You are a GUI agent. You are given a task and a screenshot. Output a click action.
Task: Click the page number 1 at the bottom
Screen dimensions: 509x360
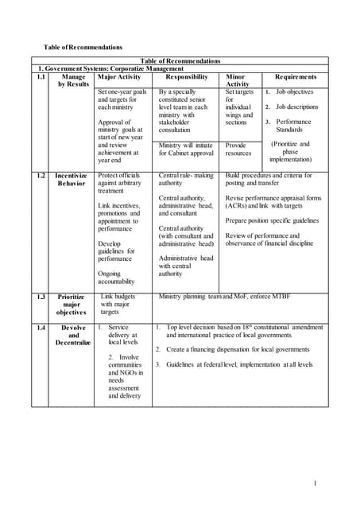click(x=315, y=483)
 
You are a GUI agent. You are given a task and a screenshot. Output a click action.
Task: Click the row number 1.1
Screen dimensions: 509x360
click(x=41, y=77)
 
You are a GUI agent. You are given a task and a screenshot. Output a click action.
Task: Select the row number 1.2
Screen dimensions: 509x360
click(x=41, y=175)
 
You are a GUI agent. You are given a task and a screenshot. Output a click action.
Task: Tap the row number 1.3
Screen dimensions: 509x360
click(x=41, y=297)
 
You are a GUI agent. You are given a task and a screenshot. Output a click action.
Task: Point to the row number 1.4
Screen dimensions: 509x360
click(x=41, y=327)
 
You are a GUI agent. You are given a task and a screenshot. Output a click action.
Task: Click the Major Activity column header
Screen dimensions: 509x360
click(x=118, y=77)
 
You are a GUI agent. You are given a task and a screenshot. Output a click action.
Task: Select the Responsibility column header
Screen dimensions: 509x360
click(x=186, y=77)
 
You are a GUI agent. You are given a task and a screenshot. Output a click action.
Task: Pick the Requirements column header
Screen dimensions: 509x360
click(x=295, y=77)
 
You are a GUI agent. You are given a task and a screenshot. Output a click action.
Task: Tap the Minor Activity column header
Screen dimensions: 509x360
click(x=238, y=80)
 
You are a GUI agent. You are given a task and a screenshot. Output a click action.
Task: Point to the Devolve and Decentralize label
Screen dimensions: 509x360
click(x=73, y=335)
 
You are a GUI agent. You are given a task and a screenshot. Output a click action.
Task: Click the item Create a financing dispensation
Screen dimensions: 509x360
click(x=237, y=349)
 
